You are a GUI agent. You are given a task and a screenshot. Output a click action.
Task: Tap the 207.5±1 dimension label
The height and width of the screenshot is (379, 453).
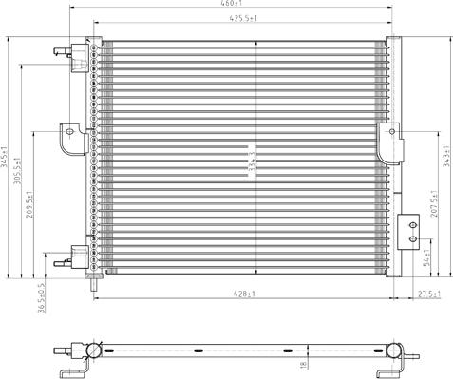434,211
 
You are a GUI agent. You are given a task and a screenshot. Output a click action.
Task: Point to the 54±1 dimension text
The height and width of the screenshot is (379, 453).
426,256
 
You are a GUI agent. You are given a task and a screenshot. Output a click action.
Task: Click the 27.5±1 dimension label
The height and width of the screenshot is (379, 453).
428,294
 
